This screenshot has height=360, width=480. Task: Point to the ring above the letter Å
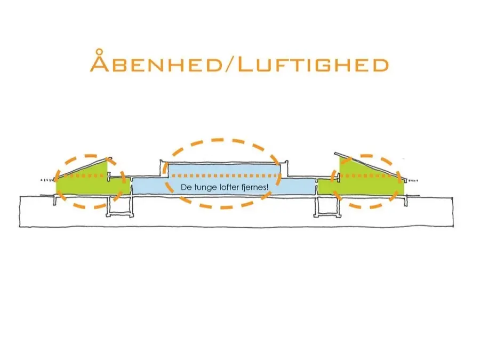(99, 51)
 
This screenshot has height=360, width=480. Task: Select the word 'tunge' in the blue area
(206, 188)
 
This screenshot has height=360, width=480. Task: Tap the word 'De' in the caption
(186, 187)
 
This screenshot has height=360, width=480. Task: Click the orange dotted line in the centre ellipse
(225, 175)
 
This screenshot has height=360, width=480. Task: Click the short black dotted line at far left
(47, 180)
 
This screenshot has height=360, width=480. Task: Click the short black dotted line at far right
(412, 181)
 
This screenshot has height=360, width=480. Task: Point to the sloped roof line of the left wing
(83, 168)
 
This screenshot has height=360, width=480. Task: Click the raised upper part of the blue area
(225, 170)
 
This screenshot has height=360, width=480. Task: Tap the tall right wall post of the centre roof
(286, 169)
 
